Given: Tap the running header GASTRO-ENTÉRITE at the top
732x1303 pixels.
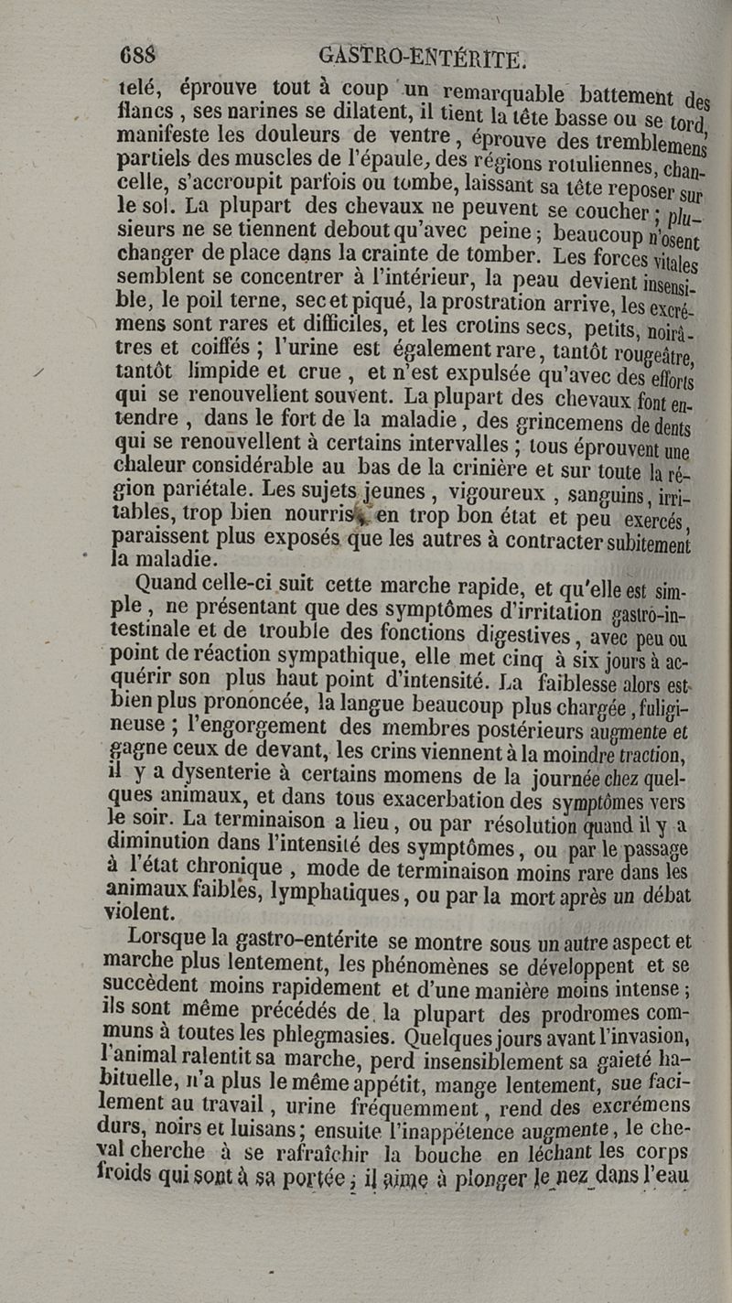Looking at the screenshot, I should click(x=422, y=57).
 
